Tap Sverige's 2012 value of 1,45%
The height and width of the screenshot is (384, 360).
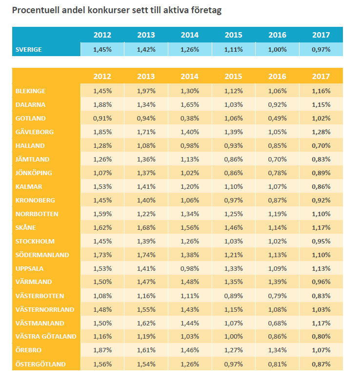pos(102,49)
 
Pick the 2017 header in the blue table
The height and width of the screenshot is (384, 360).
pos(321,35)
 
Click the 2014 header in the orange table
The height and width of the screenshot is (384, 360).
pos(189,77)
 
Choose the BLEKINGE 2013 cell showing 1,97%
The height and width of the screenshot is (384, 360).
pos(146,91)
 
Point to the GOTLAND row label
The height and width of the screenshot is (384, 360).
pos(31,118)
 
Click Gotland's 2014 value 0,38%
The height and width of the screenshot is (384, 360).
pos(189,118)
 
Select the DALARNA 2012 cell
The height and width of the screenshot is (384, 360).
pos(102,104)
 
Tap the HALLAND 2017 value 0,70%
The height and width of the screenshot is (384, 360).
pos(321,145)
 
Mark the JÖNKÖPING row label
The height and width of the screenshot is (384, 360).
pos(34,173)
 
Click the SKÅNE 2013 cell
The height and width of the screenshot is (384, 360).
pos(146,227)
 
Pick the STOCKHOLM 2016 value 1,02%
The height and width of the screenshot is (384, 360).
pos(277,241)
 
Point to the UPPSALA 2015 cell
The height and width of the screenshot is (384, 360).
pos(233,268)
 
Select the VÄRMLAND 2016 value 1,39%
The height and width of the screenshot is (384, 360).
pos(277,282)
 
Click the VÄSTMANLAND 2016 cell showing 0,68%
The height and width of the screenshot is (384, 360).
pos(277,323)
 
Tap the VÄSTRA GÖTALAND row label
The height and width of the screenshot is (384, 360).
pos(46,337)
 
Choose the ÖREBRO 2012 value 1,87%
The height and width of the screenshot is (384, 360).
pos(102,350)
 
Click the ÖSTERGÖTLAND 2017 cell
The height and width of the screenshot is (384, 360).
pos(321,364)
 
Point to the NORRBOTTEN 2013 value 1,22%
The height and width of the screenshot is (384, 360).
pos(146,214)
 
